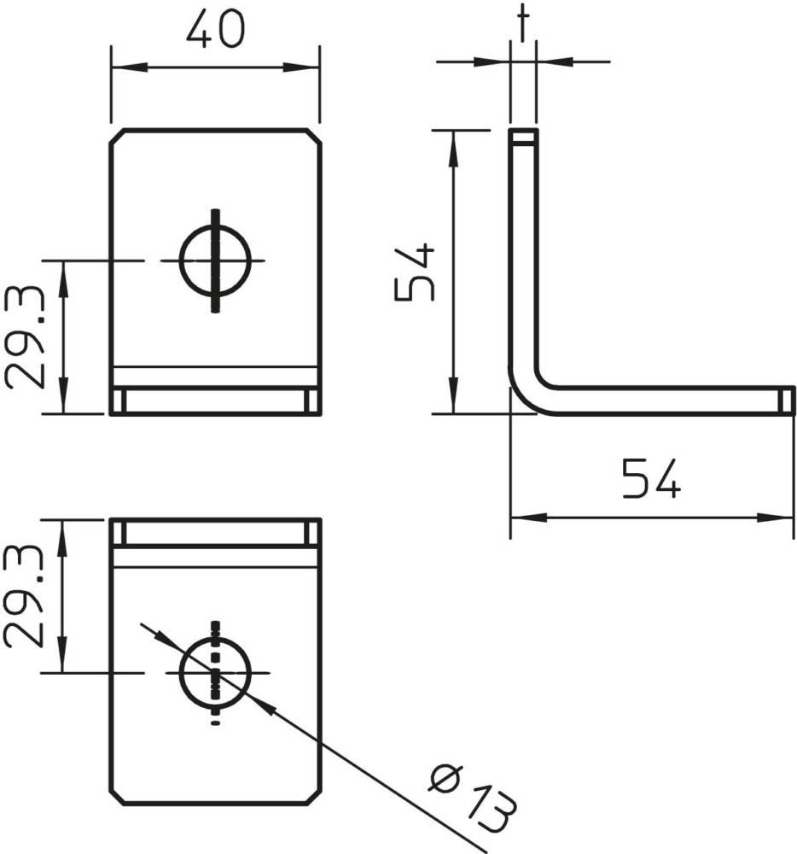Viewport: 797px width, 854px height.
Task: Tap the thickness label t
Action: (x=523, y=23)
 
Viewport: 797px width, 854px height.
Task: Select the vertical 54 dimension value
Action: (x=415, y=273)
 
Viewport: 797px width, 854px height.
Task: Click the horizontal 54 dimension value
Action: (x=651, y=479)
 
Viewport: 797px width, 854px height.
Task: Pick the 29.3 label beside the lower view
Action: (x=24, y=596)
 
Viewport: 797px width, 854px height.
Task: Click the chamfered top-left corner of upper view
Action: (x=117, y=137)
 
